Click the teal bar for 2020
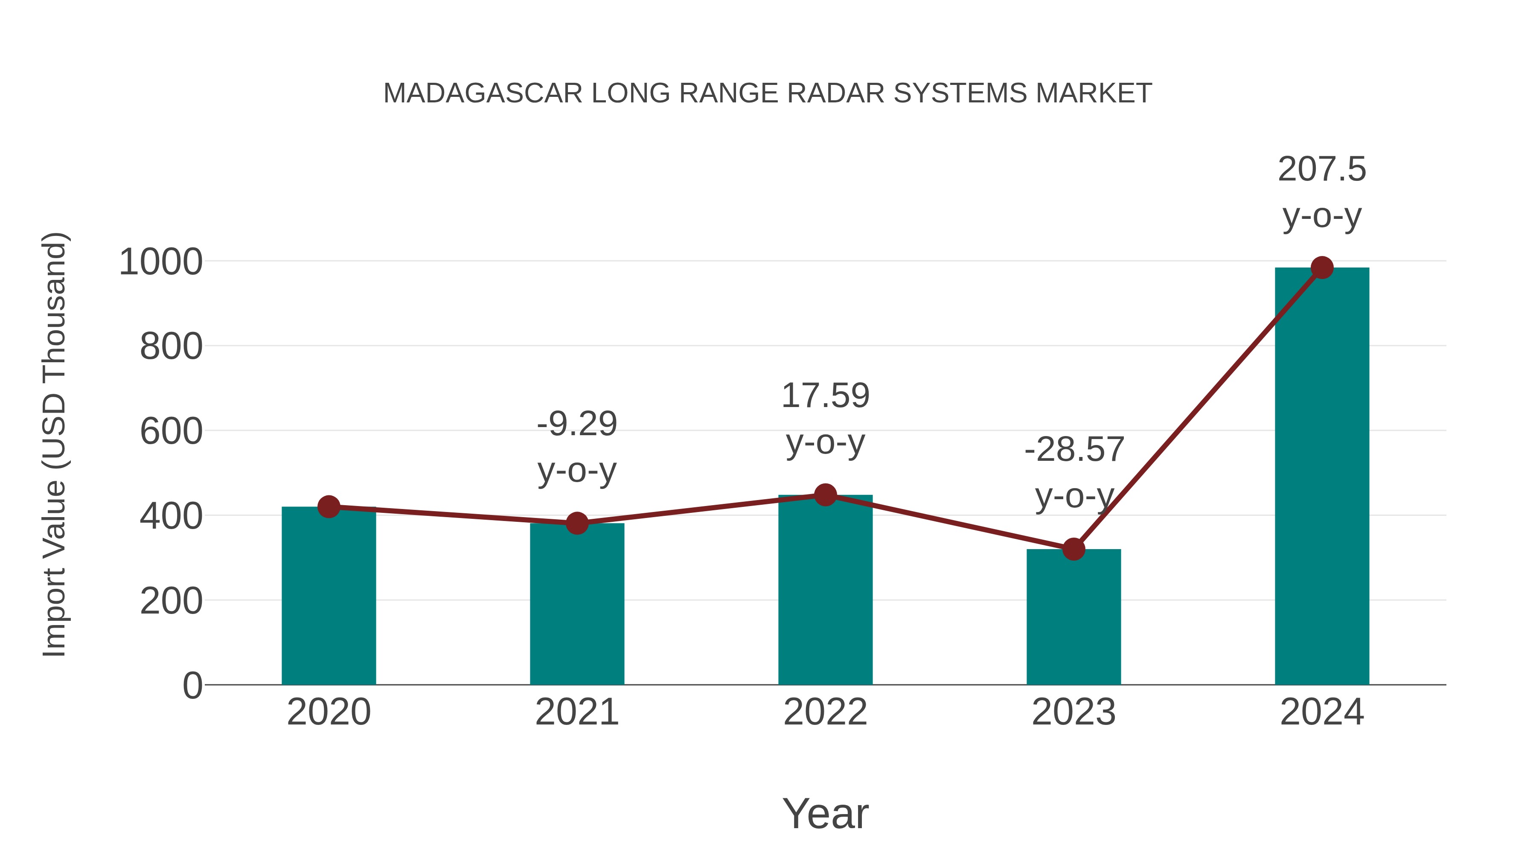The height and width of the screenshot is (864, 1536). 329,596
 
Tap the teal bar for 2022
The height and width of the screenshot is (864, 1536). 825,591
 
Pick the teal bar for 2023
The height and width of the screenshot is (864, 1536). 1073,617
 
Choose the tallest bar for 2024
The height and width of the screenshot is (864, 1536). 1322,477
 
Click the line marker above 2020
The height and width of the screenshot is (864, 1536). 329,507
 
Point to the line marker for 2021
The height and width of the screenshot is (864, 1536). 576,524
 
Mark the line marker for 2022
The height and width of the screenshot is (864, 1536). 825,495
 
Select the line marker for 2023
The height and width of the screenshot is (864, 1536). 1073,549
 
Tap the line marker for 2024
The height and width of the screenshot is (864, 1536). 1322,268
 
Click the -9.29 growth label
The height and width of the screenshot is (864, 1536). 576,424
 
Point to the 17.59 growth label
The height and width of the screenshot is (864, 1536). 825,396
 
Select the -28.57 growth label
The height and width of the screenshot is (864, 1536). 1074,450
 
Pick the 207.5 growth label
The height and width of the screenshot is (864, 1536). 1322,169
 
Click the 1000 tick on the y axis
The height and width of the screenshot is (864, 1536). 161,262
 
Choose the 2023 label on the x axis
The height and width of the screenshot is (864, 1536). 1073,712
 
